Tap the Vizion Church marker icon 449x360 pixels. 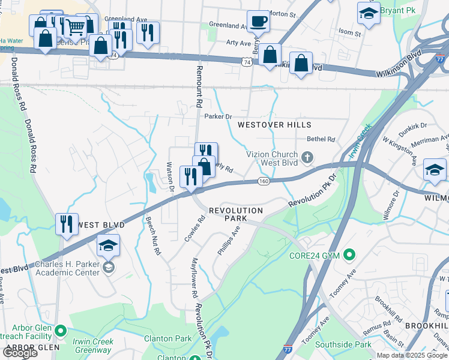pyautogui.click(x=307, y=158)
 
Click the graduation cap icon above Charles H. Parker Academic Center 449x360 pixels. pyautogui.click(x=108, y=245)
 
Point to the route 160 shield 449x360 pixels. pyautogui.click(x=264, y=181)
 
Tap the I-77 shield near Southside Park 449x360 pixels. pyautogui.click(x=288, y=347)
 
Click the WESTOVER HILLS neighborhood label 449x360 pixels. pyautogui.click(x=274, y=125)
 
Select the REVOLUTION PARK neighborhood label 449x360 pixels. pyautogui.click(x=236, y=215)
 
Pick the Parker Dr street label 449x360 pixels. pyautogui.click(x=218, y=116)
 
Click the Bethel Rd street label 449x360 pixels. pyautogui.click(x=321, y=139)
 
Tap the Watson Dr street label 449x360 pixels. pyautogui.click(x=169, y=176)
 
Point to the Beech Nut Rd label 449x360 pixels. pyautogui.click(x=152, y=236)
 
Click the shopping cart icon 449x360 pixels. pyautogui.click(x=74, y=26)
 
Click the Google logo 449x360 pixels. pyautogui.click(x=20, y=353)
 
